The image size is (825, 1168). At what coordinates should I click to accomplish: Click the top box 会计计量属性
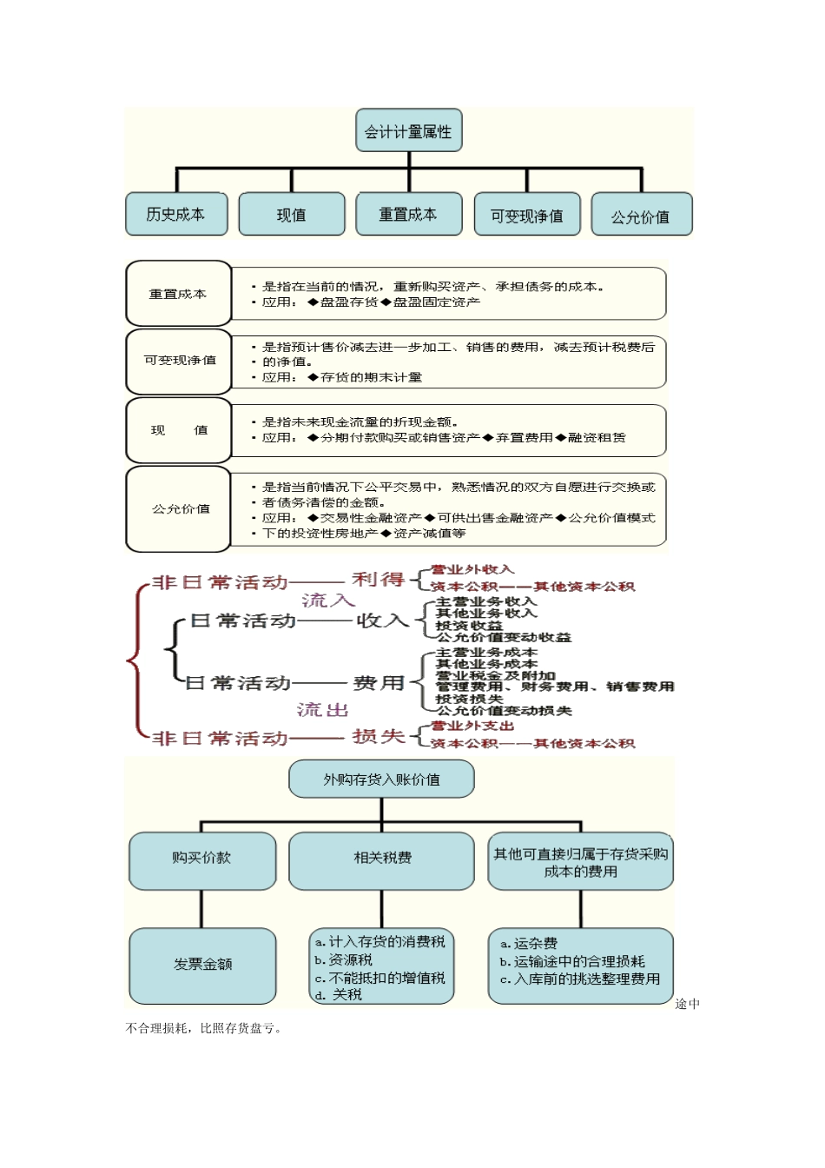tap(408, 131)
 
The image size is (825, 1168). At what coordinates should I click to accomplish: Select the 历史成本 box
tap(176, 215)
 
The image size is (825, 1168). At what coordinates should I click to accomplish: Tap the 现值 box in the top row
tap(292, 215)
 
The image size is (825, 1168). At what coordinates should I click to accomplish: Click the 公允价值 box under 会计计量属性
tap(641, 216)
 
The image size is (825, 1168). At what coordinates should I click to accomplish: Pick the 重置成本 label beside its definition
tap(178, 295)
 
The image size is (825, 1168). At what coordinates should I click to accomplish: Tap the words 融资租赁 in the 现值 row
tap(597, 438)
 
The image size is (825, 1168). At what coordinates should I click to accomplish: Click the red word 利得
tap(379, 580)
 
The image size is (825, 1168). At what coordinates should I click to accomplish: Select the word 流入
tap(328, 601)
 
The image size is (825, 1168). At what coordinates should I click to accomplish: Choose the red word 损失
tap(379, 737)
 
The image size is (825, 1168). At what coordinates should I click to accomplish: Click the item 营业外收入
tap(472, 570)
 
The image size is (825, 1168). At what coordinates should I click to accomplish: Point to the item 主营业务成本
tap(486, 653)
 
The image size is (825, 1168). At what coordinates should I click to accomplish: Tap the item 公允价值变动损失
tap(504, 711)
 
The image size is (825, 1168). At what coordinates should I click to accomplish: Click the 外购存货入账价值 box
tap(381, 780)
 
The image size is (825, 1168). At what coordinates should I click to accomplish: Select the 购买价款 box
tap(202, 858)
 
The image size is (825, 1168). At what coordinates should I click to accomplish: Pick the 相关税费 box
tap(382, 858)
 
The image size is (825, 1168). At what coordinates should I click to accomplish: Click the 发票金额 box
tap(202, 964)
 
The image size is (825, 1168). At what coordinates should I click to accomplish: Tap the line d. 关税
tap(339, 995)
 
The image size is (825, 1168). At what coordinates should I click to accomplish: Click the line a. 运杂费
tap(529, 944)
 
